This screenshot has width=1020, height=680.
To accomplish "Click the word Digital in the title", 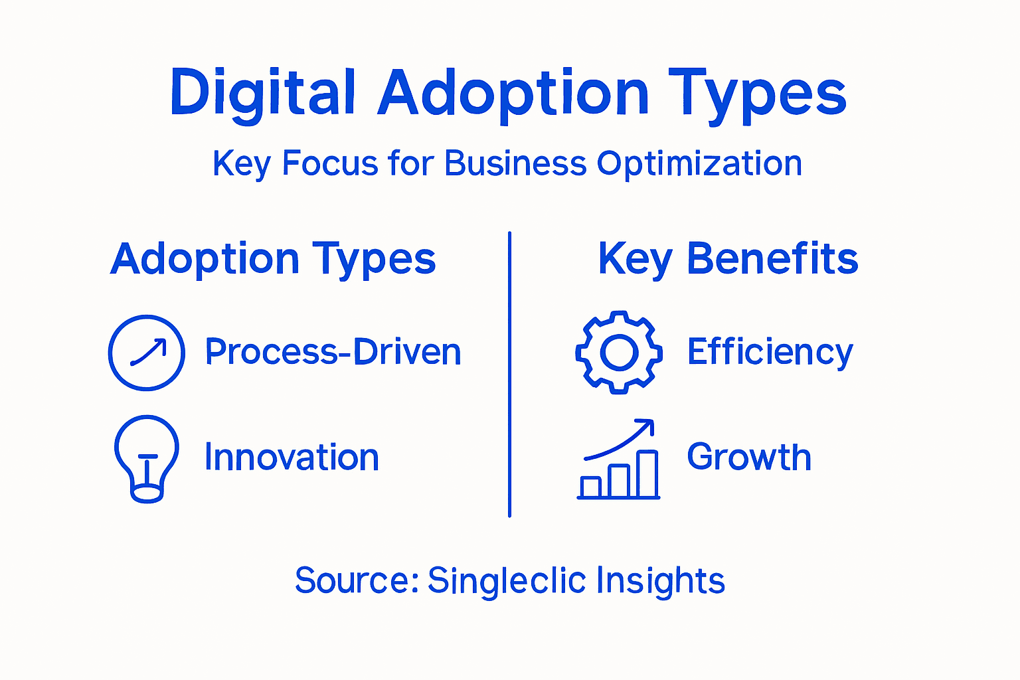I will click(263, 93).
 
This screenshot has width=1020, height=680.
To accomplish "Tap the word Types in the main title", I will click(757, 93).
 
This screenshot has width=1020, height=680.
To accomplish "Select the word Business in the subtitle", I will click(515, 163).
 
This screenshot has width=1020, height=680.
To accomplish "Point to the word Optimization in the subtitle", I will click(699, 163).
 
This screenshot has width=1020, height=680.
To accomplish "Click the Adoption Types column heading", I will click(273, 259).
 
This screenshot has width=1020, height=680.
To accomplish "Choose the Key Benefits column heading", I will click(728, 259).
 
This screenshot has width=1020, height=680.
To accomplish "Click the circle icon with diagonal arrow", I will click(147, 353).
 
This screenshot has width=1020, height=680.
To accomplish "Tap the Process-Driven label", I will click(333, 352).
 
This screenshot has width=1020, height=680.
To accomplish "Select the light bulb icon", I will click(147, 458).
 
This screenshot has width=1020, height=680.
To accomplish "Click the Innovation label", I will click(292, 458).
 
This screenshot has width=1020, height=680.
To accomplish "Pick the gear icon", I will click(619, 353).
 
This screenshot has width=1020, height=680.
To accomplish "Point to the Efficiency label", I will click(770, 352).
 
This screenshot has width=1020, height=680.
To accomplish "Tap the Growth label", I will click(749, 457).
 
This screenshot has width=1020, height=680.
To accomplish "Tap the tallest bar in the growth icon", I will click(647, 474).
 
